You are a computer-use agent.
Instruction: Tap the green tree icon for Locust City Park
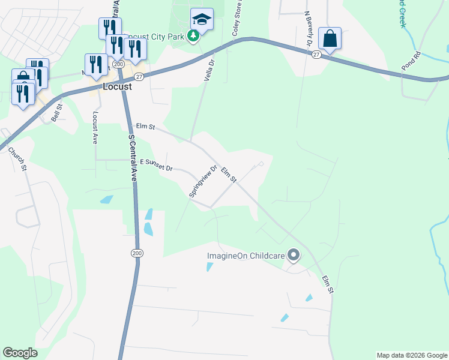click(x=193, y=37)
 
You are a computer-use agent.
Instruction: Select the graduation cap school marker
click(x=202, y=20)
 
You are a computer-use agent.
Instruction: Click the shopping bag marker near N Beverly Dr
click(x=330, y=39)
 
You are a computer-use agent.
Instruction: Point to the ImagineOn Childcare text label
click(x=246, y=256)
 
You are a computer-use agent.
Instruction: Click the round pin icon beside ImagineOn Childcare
click(x=294, y=256)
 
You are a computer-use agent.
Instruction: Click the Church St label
click(x=17, y=157)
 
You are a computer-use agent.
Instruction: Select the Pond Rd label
click(x=411, y=63)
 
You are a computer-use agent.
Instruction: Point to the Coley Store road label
click(x=238, y=18)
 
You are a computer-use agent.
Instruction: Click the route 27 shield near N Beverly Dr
click(x=316, y=54)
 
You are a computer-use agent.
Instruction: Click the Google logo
click(x=20, y=353)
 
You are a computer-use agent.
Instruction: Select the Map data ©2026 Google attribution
click(x=412, y=355)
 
